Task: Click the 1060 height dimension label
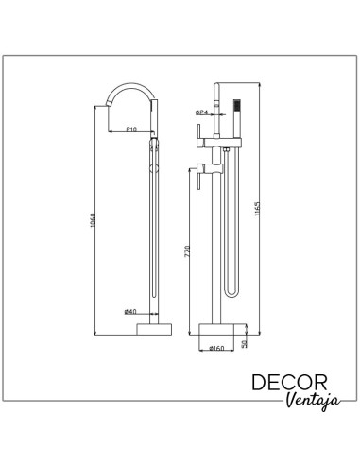point(92,220)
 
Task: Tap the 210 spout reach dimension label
point(131,129)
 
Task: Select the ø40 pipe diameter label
point(130,312)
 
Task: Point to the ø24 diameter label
point(202,112)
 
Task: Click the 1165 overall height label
point(257,209)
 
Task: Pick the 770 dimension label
point(187,251)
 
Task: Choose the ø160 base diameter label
point(216,348)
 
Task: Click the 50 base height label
point(244,343)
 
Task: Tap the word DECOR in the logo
point(289,383)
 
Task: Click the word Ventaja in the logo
point(314,402)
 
